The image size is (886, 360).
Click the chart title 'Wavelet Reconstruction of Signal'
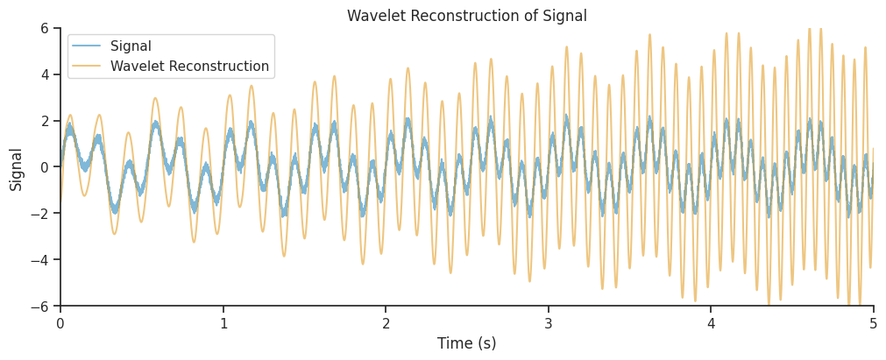[x=466, y=16]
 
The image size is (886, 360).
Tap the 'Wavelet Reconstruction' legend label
[x=189, y=66]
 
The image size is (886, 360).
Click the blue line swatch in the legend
[x=86, y=46]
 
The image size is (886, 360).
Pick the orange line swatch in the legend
[x=86, y=66]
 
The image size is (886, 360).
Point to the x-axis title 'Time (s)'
[x=466, y=343]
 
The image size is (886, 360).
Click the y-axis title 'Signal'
[x=17, y=168]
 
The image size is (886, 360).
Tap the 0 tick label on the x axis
[x=60, y=323]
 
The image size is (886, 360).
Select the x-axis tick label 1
[x=223, y=323]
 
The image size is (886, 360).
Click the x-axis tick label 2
[x=386, y=323]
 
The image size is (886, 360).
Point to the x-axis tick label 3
[x=549, y=323]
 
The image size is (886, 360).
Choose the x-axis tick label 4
[x=711, y=323]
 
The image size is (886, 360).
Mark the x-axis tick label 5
[x=873, y=323]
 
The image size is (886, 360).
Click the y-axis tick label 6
[x=44, y=28]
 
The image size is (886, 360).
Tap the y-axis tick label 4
[x=44, y=74]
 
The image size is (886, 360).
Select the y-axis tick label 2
[x=44, y=121]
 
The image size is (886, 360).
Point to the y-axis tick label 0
[x=44, y=167]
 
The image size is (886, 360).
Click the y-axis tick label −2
[x=39, y=214]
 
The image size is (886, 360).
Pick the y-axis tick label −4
[x=39, y=260]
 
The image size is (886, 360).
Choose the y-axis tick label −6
[x=39, y=307]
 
